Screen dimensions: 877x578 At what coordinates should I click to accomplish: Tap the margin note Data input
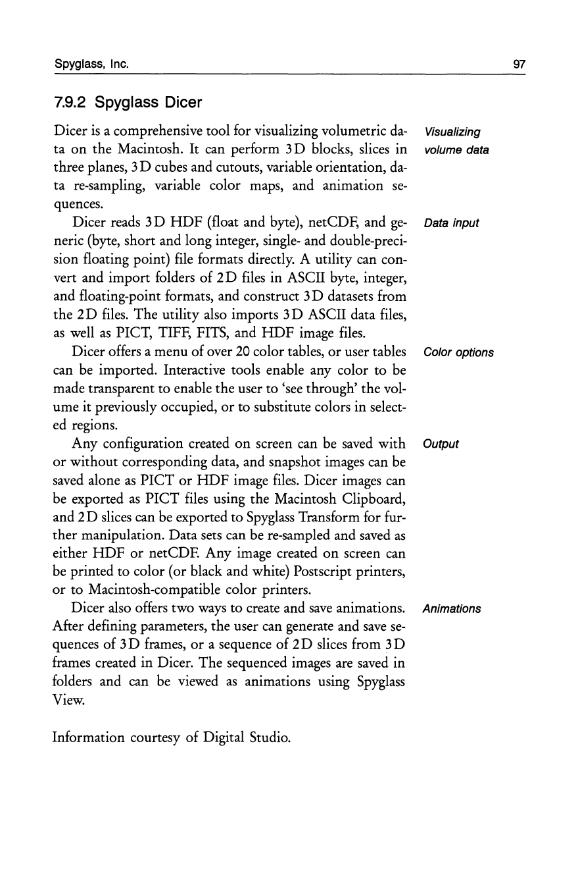pos(452,223)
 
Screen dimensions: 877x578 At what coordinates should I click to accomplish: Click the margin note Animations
pos(453,608)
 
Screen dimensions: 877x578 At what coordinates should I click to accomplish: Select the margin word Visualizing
pos(453,132)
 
